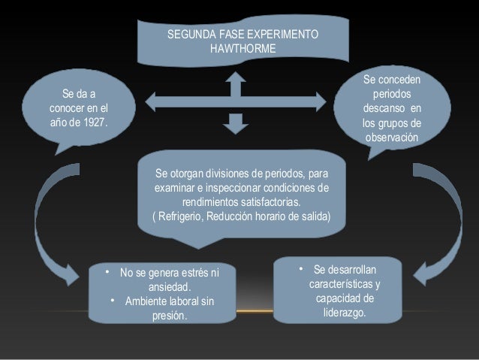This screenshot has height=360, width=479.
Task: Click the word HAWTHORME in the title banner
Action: point(243,48)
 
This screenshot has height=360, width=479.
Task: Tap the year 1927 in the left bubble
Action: point(95,123)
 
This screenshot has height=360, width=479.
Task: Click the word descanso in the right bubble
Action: point(384,108)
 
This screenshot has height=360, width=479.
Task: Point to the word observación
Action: point(392,138)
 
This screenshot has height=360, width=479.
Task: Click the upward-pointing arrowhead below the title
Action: point(236,77)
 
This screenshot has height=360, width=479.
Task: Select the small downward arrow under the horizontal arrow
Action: point(236,124)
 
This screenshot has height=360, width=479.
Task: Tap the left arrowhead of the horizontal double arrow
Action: point(150,102)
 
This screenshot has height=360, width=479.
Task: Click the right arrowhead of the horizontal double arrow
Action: point(321,102)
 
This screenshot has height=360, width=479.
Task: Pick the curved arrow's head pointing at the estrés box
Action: point(72,275)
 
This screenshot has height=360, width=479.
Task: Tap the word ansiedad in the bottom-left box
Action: point(170,287)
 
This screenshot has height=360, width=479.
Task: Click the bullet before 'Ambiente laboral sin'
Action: point(113,301)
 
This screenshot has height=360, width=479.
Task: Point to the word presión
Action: point(170,316)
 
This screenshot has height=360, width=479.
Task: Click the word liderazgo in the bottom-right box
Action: point(345,313)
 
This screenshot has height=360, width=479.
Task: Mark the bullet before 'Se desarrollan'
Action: point(301,269)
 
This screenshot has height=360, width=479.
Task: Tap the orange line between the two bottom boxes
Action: point(255,311)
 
